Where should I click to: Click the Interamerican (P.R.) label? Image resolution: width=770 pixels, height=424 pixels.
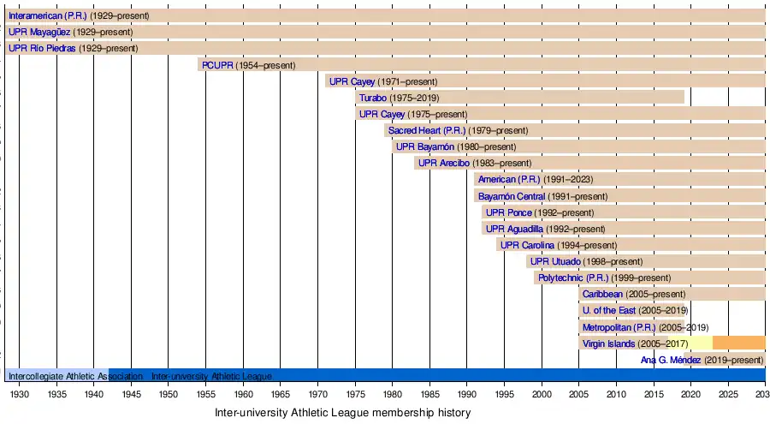[x=48, y=15]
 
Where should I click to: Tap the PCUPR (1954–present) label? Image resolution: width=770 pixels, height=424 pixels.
[x=247, y=65]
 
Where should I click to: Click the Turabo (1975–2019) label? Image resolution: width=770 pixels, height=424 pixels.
[x=399, y=98]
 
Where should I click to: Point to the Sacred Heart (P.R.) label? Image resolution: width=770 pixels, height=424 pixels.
[x=426, y=130]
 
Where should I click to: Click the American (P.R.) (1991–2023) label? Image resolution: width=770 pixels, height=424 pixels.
[x=535, y=180]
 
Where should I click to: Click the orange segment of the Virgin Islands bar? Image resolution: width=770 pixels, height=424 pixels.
[x=738, y=343]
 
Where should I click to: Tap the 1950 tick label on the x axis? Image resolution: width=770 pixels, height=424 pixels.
[x=168, y=394]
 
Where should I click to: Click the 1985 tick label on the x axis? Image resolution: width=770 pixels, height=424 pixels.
[x=429, y=394]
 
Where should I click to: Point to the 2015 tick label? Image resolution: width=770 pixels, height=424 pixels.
[x=654, y=394]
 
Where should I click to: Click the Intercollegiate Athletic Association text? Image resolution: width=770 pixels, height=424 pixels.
[x=75, y=376]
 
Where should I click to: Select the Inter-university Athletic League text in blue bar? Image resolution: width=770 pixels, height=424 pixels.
[x=211, y=376]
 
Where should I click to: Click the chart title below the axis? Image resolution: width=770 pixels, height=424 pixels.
[x=342, y=413]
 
